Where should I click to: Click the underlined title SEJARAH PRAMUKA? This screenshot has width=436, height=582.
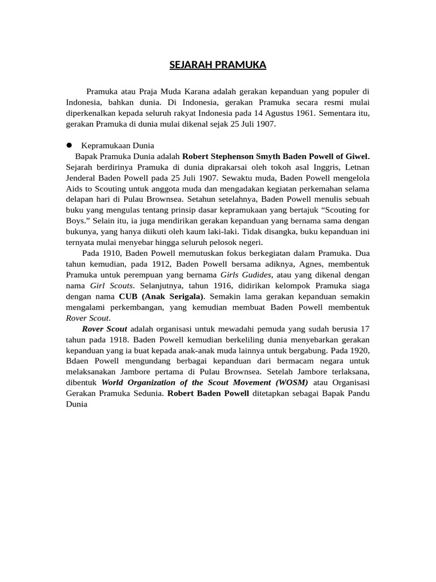coord(218,65)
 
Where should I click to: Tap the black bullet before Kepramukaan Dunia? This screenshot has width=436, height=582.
coord(70,145)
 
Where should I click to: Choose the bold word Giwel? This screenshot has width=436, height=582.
coord(354,156)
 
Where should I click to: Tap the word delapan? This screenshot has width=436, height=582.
coord(81,199)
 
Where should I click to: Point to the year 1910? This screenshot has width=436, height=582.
coord(114,253)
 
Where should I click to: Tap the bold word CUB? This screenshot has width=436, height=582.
coord(128,297)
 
